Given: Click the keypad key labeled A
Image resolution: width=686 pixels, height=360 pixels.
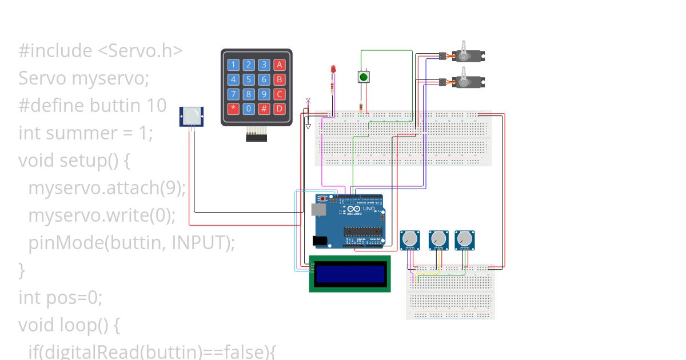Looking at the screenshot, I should pos(278,65).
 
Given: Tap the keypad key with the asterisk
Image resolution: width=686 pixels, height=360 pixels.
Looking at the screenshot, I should pos(233,109).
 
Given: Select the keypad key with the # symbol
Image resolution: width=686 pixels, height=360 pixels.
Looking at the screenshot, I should pos(264,109).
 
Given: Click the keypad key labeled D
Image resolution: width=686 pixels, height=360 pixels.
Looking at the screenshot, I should pos(278,109).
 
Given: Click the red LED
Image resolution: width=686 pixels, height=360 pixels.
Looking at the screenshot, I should pos(333,70).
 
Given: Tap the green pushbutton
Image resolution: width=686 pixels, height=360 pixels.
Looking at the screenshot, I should pos(363,77).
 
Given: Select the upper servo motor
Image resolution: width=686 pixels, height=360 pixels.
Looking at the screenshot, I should pos(469,55).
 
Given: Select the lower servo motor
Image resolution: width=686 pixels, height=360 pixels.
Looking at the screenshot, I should pos(469,81).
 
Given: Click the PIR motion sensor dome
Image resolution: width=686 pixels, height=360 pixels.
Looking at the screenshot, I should pos(192,116).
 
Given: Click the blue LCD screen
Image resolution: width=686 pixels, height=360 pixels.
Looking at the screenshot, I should pos(350,274).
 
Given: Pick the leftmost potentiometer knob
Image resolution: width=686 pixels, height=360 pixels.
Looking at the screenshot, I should pos(409,239).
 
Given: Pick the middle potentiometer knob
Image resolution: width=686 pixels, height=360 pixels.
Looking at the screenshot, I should pos(438,239).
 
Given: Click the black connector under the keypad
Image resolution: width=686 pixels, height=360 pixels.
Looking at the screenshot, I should pos(257,137).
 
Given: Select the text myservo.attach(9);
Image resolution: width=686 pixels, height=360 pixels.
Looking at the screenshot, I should pos(107,188).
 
